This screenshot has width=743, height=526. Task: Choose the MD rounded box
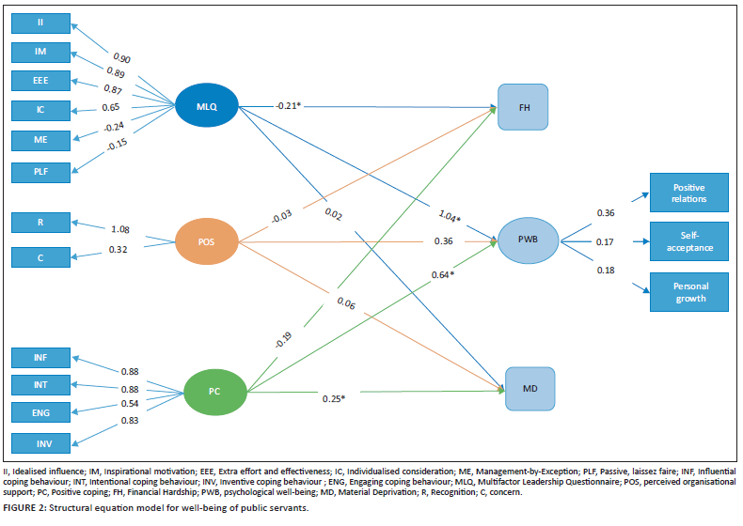[x=529, y=388]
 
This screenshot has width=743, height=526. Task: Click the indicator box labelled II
[x=41, y=21]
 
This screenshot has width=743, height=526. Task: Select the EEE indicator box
[x=41, y=81]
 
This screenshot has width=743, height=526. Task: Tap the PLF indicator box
[x=41, y=172]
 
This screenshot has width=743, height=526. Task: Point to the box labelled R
[x=41, y=224]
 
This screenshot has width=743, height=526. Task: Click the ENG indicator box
[x=41, y=412]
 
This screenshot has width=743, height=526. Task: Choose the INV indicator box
[x=41, y=442]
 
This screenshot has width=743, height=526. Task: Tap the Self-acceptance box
[x=688, y=242]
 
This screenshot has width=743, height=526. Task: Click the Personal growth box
[x=688, y=292]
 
